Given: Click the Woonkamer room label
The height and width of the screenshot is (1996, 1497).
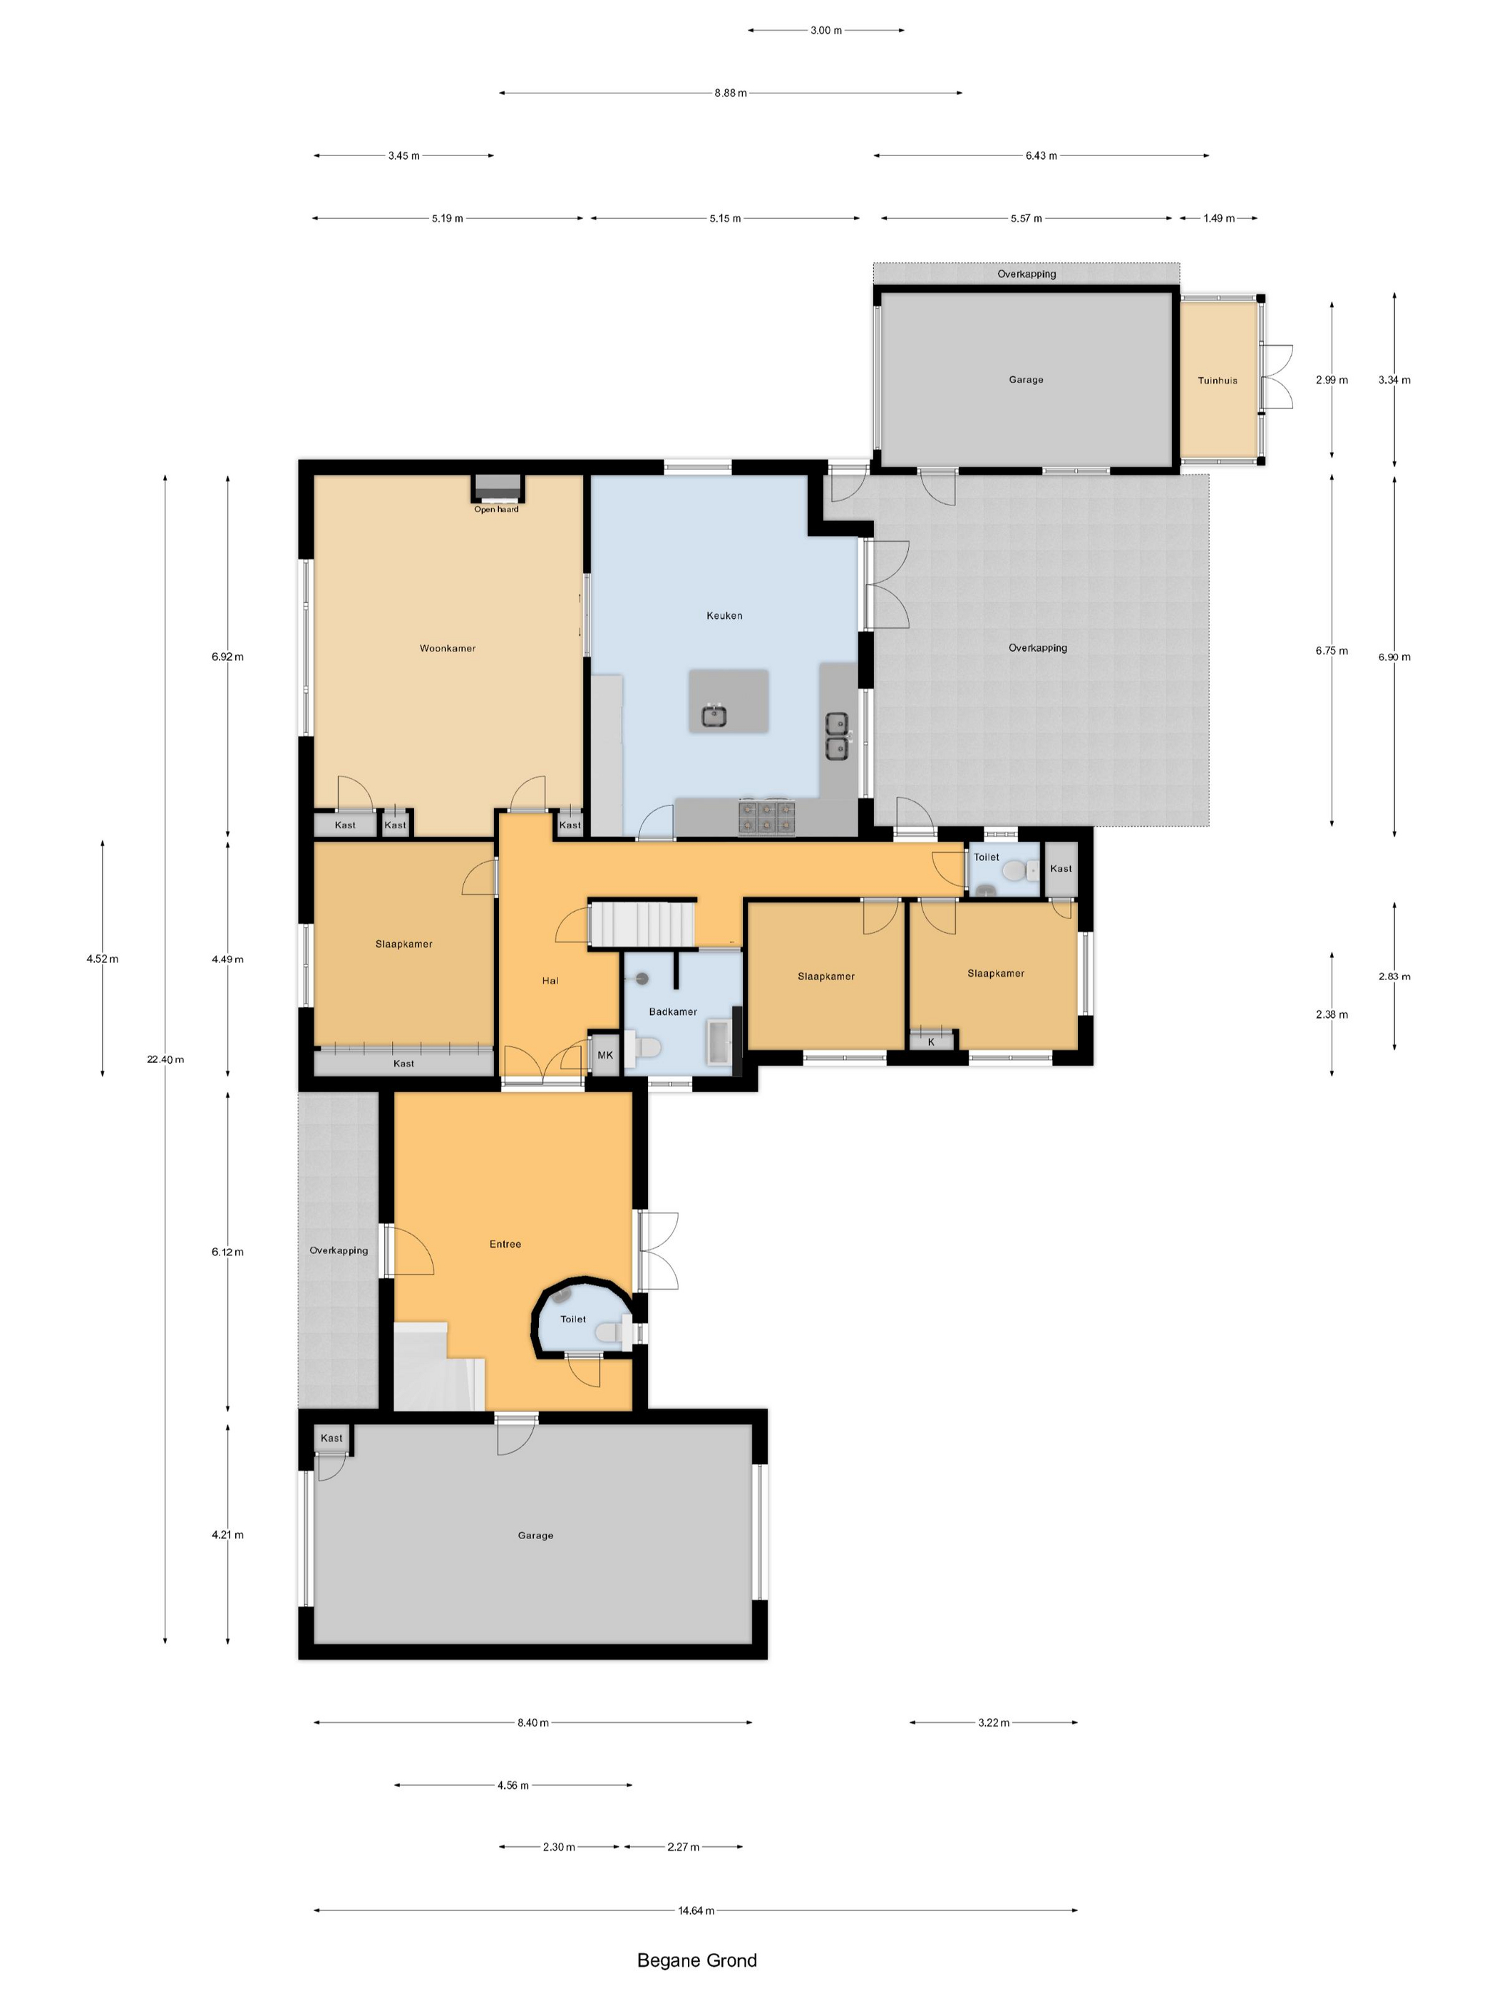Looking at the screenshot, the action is point(447,648).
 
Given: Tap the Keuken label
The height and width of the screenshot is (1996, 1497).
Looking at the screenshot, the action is point(724,615).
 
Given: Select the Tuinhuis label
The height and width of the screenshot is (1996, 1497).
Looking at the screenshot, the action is point(1218,380).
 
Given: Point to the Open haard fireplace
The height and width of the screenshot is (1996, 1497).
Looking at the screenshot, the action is point(497,488).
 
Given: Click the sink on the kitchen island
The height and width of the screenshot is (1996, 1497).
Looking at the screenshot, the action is point(715,716).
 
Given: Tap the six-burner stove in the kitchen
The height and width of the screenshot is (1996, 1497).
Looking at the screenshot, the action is point(766,818).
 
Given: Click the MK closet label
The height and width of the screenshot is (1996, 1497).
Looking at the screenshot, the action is point(605,1055).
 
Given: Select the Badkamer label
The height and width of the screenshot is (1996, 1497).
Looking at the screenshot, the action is point(672,1012).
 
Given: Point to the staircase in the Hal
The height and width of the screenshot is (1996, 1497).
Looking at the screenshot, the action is point(642,924).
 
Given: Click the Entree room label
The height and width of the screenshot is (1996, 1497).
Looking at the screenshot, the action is point(505,1243).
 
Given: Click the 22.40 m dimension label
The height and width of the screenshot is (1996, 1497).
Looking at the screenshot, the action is point(165,1059).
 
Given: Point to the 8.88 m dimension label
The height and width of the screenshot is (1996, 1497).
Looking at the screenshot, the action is point(730,93).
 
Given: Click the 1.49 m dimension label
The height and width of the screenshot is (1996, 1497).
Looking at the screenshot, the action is point(1218,218).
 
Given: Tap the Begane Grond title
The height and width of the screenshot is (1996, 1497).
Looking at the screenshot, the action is point(696,1960).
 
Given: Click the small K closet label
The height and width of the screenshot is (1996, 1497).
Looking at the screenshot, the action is point(931,1041).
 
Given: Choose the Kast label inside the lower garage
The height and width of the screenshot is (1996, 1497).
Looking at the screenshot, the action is point(331,1439).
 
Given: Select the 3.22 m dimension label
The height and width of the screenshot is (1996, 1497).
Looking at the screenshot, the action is point(994,1722).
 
